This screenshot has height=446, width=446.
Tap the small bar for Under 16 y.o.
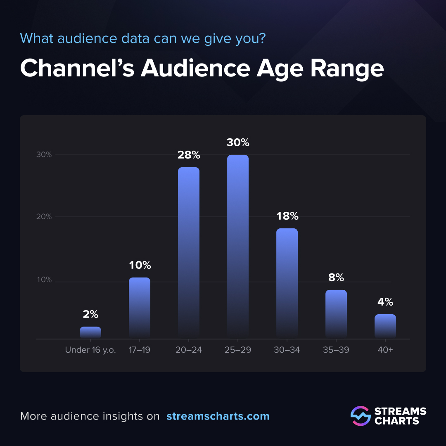[90, 332]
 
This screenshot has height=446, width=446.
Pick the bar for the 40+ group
[385, 326]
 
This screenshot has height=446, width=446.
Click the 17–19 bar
[140, 308]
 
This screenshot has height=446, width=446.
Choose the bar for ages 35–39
[336, 314]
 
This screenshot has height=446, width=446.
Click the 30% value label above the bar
[238, 143]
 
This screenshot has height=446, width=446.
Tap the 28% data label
[189, 155]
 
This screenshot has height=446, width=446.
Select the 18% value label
[287, 216]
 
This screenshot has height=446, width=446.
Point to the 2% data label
[90, 315]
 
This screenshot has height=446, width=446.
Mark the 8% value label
[336, 278]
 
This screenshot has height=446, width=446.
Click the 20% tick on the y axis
[43, 217]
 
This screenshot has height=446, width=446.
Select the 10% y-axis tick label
[43, 280]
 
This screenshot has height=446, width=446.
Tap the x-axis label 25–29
[238, 350]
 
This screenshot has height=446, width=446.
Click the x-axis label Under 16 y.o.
[90, 350]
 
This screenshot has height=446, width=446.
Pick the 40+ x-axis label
[385, 350]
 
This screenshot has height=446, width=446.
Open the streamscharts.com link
[218, 416]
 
